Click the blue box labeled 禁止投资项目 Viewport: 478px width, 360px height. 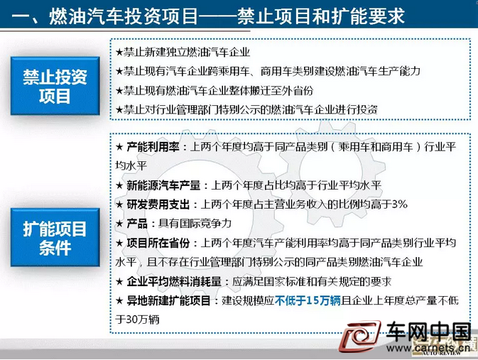tap(55, 86)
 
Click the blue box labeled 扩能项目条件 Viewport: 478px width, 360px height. tap(55, 237)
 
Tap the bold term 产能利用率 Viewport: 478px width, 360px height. tap(153, 147)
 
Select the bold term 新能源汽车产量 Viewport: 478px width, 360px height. tap(163, 185)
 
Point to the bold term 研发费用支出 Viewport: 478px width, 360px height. tap(158, 204)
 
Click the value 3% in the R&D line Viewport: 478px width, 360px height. tap(400, 204)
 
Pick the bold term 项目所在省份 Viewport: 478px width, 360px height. tap(158, 243)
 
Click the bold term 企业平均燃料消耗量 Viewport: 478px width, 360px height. tap(174, 281)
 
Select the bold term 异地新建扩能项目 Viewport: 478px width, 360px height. tap(168, 300)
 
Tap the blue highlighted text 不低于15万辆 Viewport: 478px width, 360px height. tap(308, 300)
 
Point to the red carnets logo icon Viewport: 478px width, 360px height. tap(359, 337)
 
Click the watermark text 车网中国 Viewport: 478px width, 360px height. tap(428, 331)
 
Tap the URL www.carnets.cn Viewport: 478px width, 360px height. tap(428, 348)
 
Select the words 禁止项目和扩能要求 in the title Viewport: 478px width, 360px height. tap(321, 16)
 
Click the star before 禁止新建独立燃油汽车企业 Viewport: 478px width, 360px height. tap(119, 52)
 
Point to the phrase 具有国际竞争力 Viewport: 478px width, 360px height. tap(195, 224)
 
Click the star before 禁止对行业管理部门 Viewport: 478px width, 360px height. tap(119, 110)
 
